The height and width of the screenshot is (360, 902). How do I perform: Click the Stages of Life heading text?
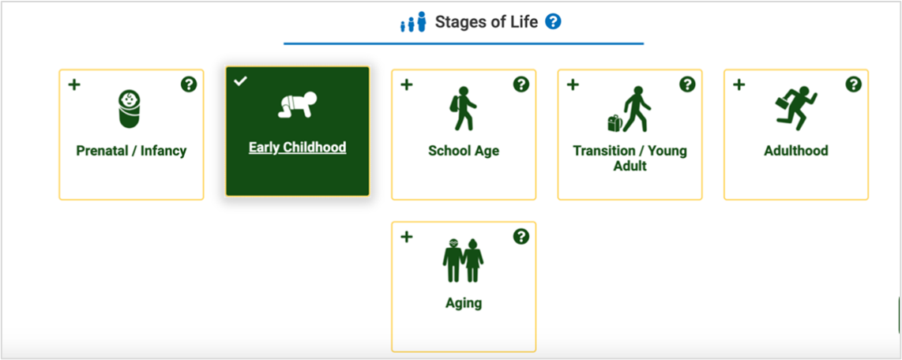click(486, 22)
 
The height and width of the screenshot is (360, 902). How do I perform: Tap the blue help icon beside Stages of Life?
click(553, 22)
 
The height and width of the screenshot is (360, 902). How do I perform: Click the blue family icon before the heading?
click(412, 22)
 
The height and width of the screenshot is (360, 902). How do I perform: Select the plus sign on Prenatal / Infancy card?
click(74, 84)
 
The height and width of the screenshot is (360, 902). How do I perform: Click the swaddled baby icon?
click(130, 108)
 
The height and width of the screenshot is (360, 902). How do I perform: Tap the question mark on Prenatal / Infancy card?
click(188, 84)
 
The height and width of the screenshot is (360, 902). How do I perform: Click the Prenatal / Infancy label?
click(131, 151)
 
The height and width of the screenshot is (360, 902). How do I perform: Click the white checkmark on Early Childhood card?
click(241, 81)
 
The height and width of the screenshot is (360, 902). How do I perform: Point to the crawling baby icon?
click(297, 106)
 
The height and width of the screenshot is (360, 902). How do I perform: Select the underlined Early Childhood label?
click(297, 148)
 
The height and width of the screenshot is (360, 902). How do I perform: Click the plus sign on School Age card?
click(407, 84)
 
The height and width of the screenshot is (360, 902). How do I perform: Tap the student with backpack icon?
click(463, 108)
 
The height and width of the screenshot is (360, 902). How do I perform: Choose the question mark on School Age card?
click(521, 84)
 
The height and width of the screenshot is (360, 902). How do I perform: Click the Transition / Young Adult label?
click(630, 158)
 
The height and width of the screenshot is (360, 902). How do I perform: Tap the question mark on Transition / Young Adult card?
click(687, 84)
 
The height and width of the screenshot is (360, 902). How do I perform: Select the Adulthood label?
click(795, 151)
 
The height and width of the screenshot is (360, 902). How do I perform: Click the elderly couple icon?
click(463, 260)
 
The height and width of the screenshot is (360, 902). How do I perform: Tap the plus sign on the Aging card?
click(407, 236)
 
